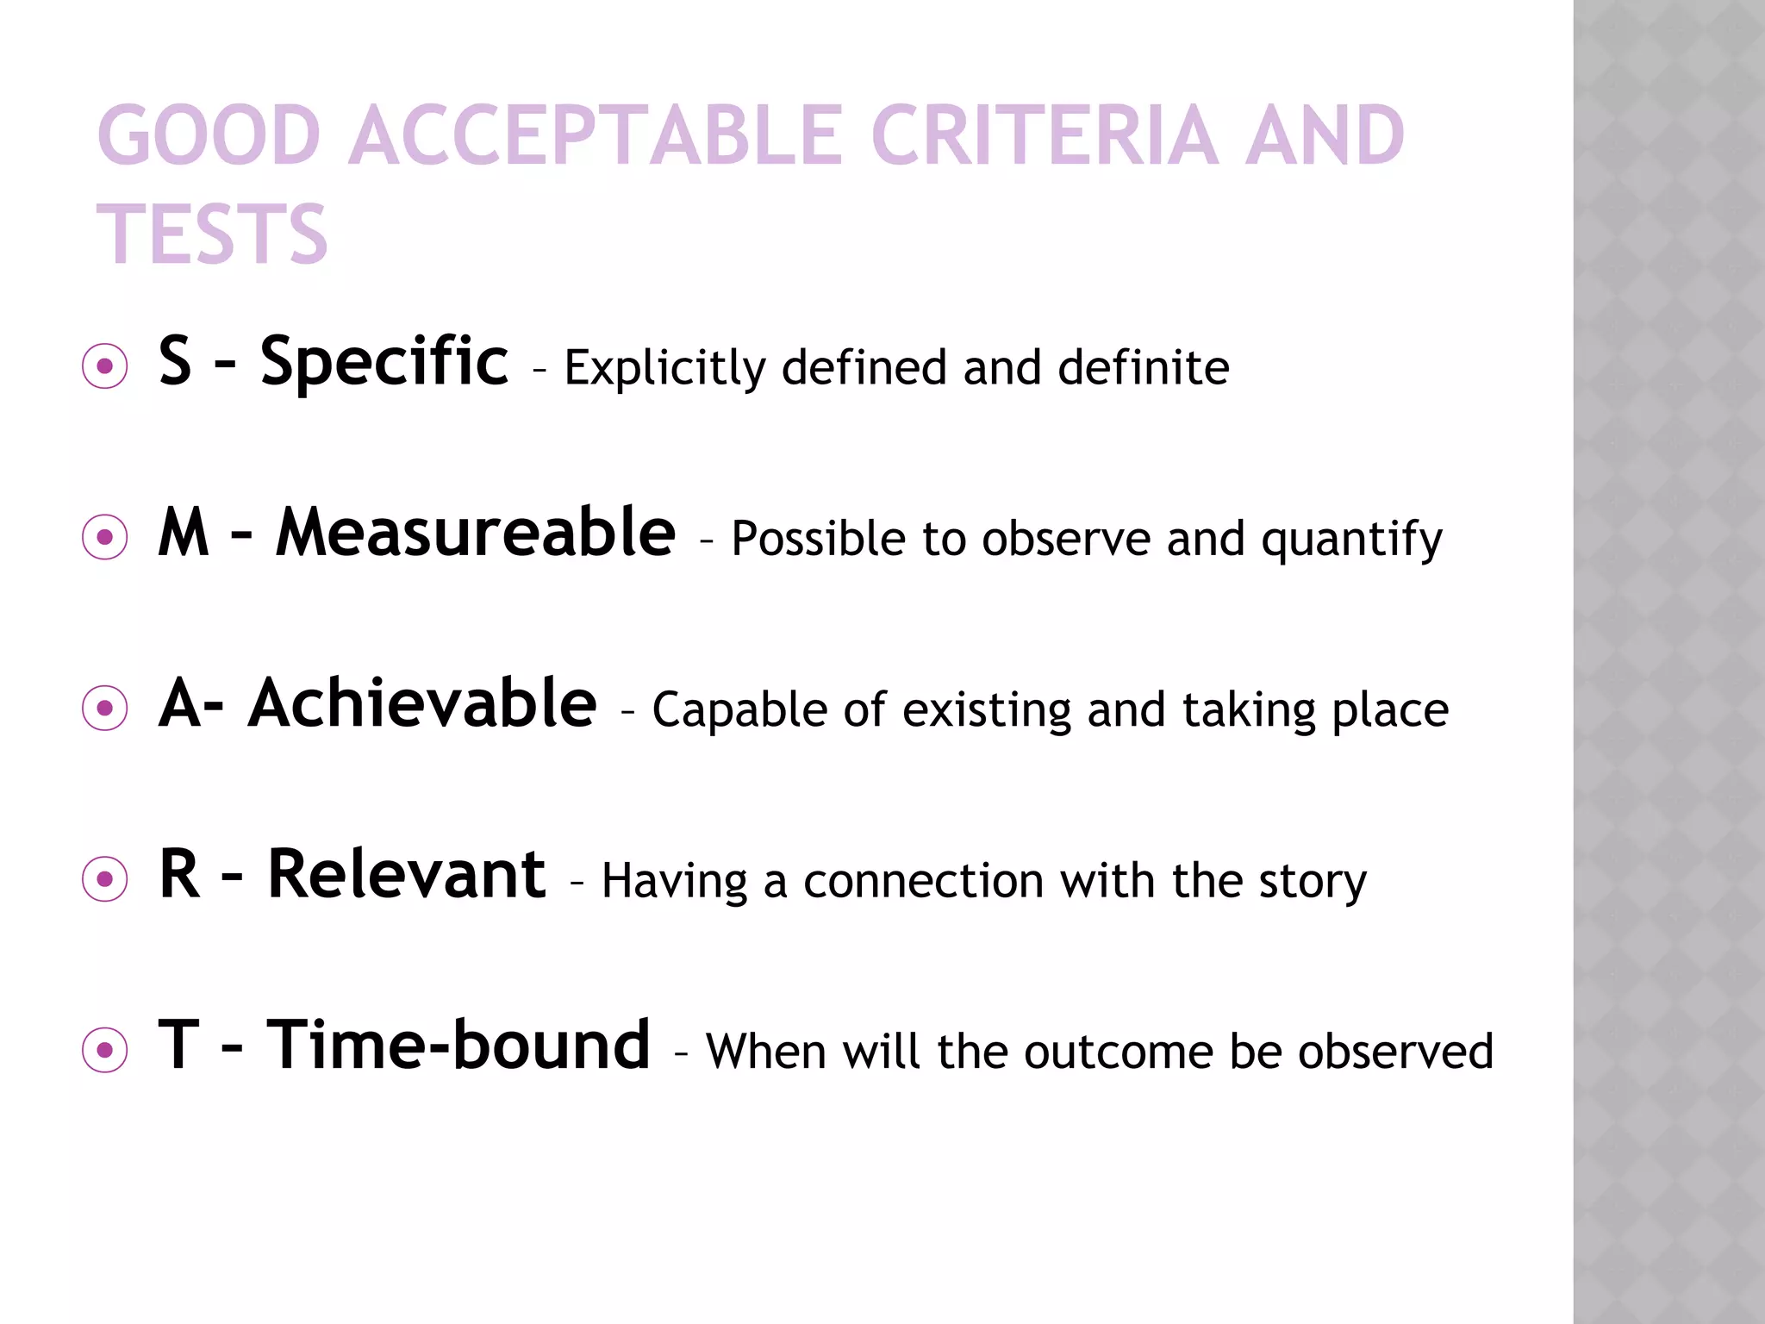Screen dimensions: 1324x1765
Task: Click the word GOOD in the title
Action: click(209, 135)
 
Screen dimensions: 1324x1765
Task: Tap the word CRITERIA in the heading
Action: click(1044, 135)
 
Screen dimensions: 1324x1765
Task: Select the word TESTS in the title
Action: click(213, 234)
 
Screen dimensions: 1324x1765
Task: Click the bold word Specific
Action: click(384, 361)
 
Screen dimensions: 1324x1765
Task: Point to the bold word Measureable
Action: click(476, 533)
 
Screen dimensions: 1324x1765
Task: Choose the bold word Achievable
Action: click(422, 703)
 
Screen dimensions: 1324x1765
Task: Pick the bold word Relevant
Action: click(407, 874)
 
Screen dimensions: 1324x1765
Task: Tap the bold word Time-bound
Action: click(458, 1046)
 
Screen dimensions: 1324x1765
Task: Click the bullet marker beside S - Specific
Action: click(105, 367)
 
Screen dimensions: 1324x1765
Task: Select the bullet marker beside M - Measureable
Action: click(105, 538)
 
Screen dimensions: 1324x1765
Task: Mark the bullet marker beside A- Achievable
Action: click(105, 709)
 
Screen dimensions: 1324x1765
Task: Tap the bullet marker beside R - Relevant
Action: click(105, 879)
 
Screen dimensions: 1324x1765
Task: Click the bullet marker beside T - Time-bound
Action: click(105, 1050)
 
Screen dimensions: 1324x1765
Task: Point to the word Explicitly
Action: click(664, 369)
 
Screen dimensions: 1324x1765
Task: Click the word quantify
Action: click(1351, 540)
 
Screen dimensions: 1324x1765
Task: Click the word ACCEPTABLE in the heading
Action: click(596, 135)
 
